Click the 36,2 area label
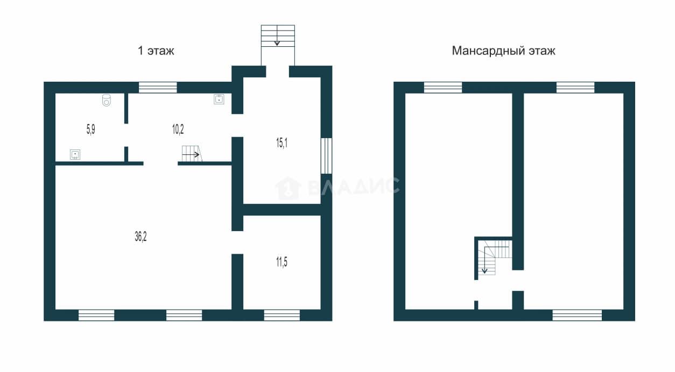click(x=140, y=237)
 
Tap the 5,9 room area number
click(x=91, y=130)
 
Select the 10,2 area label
click(x=178, y=130)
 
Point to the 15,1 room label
click(x=282, y=142)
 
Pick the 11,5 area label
click(x=282, y=262)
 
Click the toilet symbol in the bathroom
click(x=107, y=100)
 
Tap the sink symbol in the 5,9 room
click(x=75, y=154)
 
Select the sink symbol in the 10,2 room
click(x=219, y=99)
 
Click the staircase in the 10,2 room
click(x=192, y=154)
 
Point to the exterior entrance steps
click(x=278, y=36)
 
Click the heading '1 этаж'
click(x=156, y=51)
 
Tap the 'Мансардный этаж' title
click(x=503, y=51)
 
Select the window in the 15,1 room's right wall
click(x=326, y=155)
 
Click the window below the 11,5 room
click(x=282, y=315)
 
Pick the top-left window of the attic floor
click(x=443, y=88)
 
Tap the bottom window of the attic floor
click(x=577, y=315)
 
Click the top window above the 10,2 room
click(x=158, y=88)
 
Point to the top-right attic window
click(x=575, y=88)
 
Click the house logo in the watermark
click(x=288, y=188)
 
